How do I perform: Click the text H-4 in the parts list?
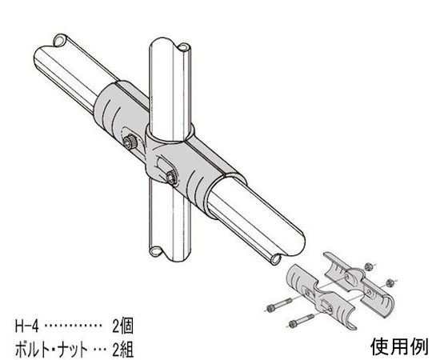[x=26, y=326]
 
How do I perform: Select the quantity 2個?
[x=122, y=326]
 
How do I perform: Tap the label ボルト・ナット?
[x=51, y=350]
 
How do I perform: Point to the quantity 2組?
[x=122, y=350]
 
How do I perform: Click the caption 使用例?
[x=399, y=346]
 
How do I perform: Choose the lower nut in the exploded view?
[x=390, y=282]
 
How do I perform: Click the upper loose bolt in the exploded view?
[x=279, y=304]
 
